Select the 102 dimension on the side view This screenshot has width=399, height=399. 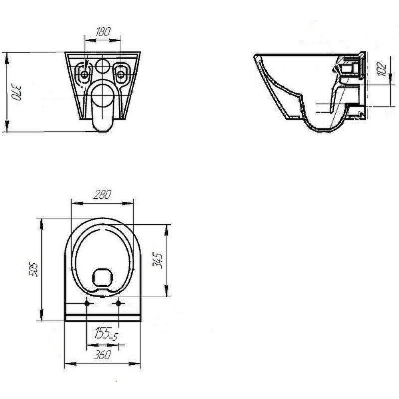(x=382, y=69)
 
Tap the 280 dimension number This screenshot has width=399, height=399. (x=102, y=195)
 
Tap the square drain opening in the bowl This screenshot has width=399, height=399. (x=103, y=277)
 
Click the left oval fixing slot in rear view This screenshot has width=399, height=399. (x=84, y=73)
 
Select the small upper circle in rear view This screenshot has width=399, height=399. (x=103, y=66)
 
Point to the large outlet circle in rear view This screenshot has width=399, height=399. (x=103, y=96)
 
